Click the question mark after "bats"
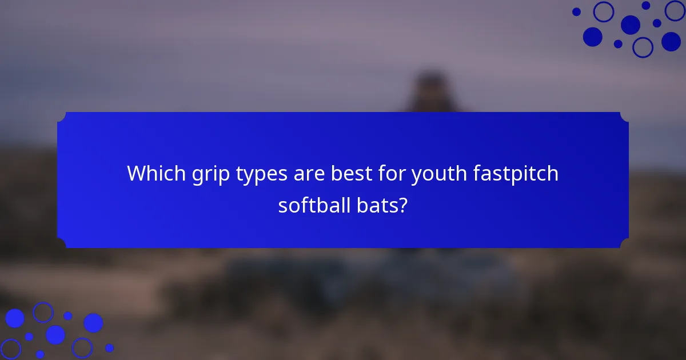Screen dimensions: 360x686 click(404, 205)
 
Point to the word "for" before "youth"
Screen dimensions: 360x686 click(390, 173)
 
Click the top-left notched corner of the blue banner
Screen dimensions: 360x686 click(62, 117)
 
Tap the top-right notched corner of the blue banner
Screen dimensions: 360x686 click(624, 117)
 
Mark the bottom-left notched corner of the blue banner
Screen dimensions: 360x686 click(62, 243)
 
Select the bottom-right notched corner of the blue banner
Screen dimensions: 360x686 click(624, 243)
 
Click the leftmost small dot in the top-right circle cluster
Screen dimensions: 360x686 click(576, 11)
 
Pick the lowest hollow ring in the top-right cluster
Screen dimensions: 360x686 click(643, 47)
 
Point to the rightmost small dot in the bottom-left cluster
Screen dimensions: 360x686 click(109, 347)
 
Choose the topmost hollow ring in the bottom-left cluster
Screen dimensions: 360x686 click(42, 312)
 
